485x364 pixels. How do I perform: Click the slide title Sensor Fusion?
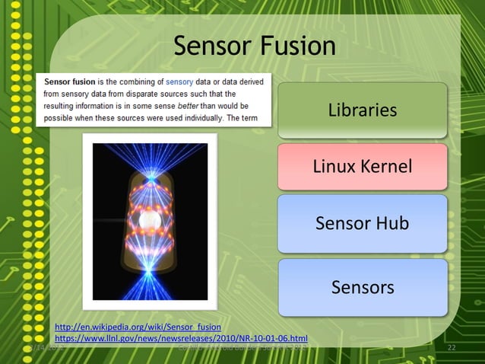pyautogui.click(x=255, y=46)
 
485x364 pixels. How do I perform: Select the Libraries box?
pyautogui.click(x=362, y=110)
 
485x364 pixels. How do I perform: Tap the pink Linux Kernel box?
pyautogui.click(x=362, y=166)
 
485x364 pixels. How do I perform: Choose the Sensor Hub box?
pyautogui.click(x=362, y=223)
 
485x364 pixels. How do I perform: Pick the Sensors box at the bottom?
pyautogui.click(x=362, y=287)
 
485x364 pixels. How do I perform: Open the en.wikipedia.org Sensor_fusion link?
pyautogui.click(x=138, y=327)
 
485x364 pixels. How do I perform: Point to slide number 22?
pyautogui.click(x=451, y=348)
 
